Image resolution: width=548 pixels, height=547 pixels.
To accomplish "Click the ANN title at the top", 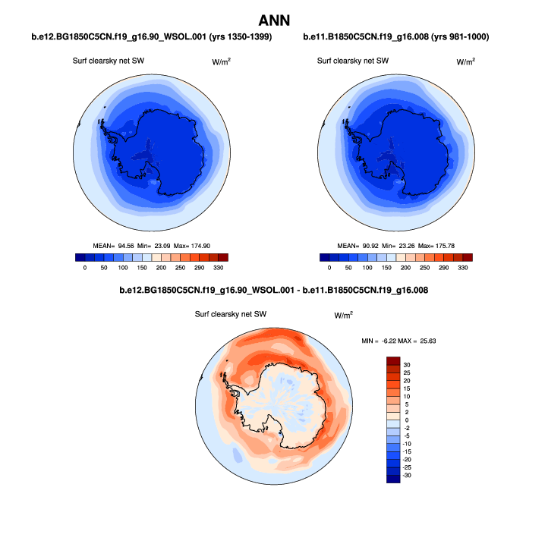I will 274,19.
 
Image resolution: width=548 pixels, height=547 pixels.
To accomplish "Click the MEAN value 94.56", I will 123,246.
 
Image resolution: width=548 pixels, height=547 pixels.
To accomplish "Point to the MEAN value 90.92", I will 369,246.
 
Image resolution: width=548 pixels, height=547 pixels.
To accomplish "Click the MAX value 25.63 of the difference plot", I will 425,341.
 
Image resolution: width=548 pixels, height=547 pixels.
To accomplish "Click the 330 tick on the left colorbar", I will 219,269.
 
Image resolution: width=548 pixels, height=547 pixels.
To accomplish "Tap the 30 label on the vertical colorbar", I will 407,365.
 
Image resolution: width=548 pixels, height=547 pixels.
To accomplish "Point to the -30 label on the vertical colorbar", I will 408,475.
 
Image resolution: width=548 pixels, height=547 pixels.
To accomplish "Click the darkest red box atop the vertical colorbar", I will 393,360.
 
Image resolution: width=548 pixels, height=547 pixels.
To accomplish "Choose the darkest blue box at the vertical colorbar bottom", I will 393,479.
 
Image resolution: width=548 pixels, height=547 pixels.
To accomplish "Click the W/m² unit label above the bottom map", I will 344,314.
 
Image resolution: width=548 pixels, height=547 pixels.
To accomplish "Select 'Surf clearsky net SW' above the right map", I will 353,61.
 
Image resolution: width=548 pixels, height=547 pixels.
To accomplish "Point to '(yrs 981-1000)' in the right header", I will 460,36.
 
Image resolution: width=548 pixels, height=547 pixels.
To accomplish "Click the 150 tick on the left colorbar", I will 140,269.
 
